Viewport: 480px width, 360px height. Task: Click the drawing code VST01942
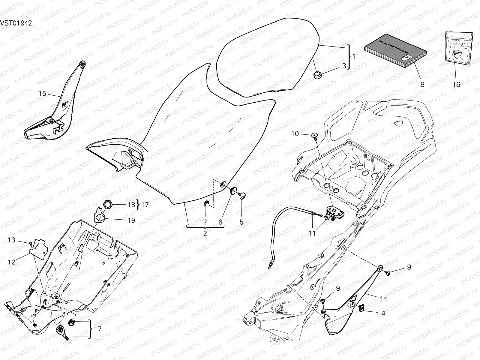16,23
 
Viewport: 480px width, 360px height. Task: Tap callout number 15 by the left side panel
43,94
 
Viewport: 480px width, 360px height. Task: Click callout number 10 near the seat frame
295,133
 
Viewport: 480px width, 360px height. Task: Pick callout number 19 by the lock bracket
131,220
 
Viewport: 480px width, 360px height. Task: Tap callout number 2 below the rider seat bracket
205,233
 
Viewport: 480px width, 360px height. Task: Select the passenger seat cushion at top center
267,57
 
